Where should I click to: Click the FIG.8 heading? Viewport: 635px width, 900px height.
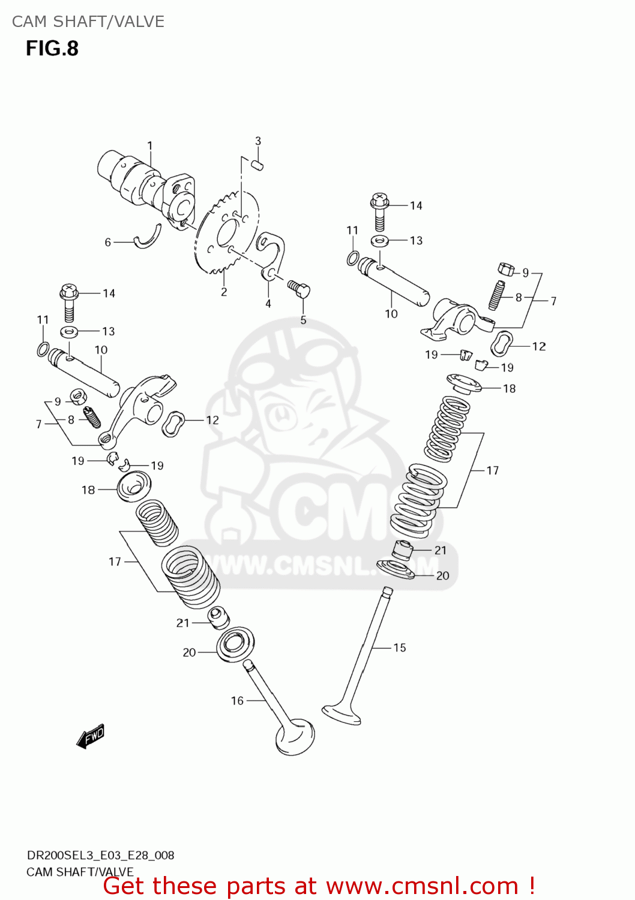pos(52,49)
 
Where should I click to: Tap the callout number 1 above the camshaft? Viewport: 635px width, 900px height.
pos(150,146)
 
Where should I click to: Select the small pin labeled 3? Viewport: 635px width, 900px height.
pos(258,164)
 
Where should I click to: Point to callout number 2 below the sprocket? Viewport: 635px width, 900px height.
pos(224,292)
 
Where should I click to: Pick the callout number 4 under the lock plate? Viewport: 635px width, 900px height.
pos(268,304)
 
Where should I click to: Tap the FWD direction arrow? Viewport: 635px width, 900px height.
pos(91,736)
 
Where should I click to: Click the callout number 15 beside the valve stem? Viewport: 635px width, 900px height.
pos(400,647)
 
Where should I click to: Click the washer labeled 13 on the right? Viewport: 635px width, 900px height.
pos(379,241)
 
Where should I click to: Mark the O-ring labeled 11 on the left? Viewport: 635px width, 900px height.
pos(43,349)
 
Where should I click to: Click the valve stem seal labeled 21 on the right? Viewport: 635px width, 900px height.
pos(403,549)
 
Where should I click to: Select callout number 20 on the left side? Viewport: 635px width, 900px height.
pos(189,652)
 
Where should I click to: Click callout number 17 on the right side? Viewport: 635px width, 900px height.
pos(493,470)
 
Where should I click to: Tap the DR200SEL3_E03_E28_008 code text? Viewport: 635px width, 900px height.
pos(101,855)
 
